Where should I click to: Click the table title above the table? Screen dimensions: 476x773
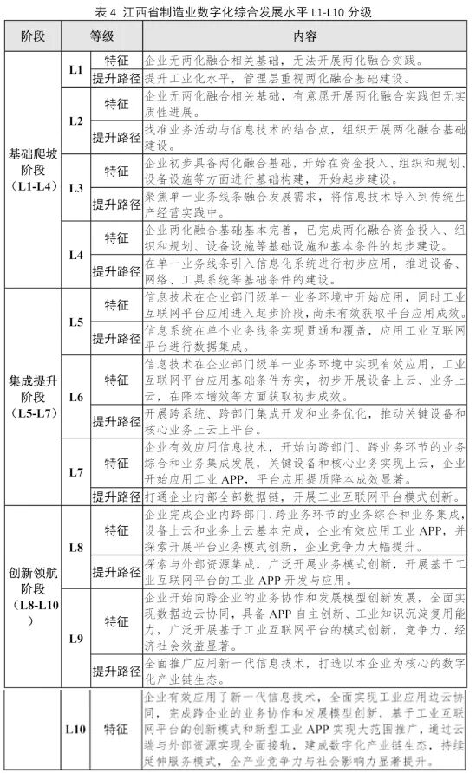[238, 11]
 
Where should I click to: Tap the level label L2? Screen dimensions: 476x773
[75, 120]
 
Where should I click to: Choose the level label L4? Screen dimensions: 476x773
[75, 256]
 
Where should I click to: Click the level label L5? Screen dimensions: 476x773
[75, 322]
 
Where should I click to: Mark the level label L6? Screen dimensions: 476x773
[75, 397]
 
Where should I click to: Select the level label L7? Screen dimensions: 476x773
[75, 471]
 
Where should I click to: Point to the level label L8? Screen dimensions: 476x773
[75, 549]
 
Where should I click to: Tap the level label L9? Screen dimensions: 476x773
[75, 638]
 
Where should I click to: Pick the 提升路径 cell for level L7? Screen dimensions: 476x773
[116, 497]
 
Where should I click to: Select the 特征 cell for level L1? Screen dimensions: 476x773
[116, 62]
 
